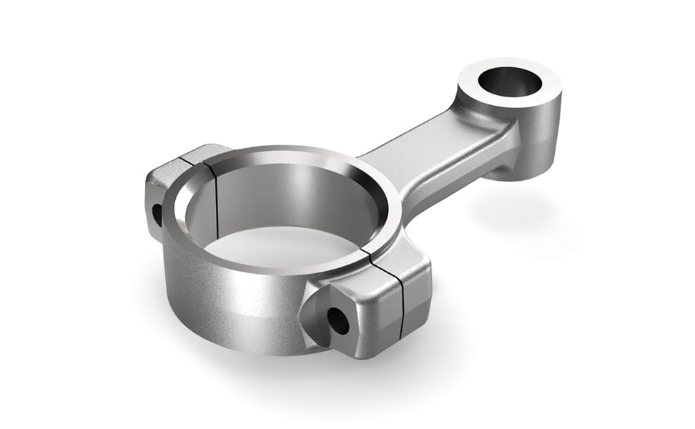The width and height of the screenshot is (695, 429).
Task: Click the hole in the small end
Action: click(x=510, y=82)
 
